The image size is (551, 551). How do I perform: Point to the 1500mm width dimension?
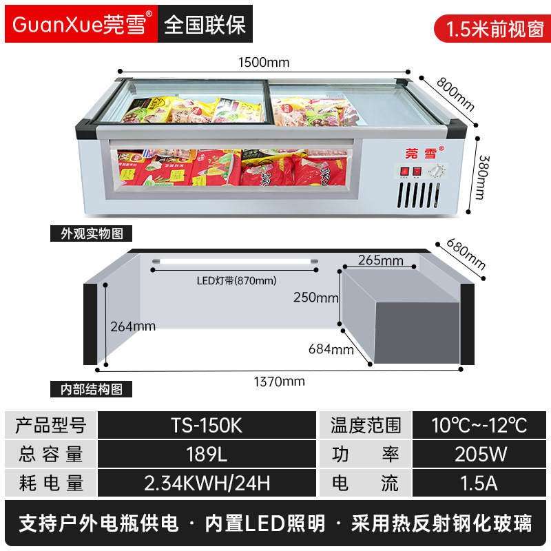coord(264,62)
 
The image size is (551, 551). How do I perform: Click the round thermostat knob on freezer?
coord(436,170)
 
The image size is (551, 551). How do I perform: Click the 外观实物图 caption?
coord(91,233)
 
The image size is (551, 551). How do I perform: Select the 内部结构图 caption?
coord(91,390)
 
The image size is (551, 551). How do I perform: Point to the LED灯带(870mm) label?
coord(236,280)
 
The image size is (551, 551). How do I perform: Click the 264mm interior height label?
coord(133,326)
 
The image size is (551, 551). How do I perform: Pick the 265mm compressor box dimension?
coord(381,260)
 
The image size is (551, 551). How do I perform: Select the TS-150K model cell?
coord(207,425)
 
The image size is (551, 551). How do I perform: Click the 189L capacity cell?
coord(207,454)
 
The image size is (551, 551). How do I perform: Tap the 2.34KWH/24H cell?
coord(207,483)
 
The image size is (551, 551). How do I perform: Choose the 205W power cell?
coord(481,454)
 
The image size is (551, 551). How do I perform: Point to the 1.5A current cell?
coord(481,483)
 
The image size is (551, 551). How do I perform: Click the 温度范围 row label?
coord(365,425)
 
